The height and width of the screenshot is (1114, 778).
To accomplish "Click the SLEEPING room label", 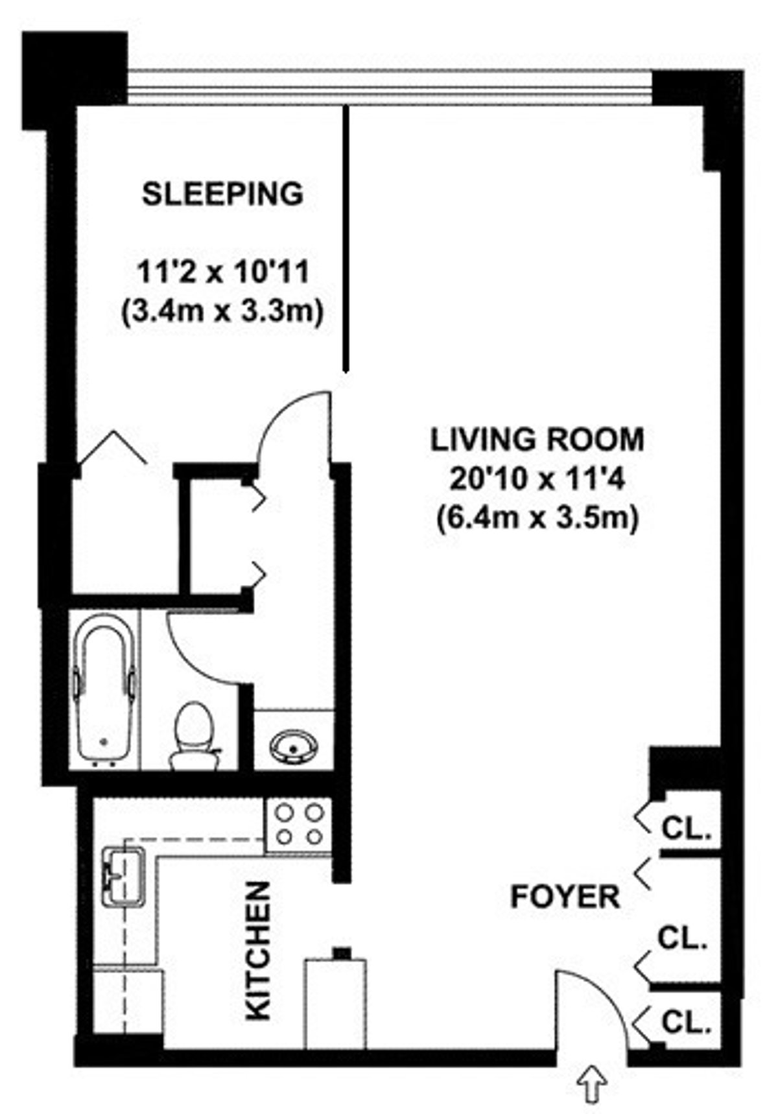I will [222, 194].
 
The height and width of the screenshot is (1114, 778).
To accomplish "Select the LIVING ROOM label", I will [537, 440].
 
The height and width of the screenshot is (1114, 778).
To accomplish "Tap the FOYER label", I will [565, 897].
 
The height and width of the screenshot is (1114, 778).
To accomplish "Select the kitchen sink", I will [124, 876].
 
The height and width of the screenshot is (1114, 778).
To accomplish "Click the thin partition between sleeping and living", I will [346, 240].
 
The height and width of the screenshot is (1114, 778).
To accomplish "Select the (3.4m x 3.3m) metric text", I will [222, 312].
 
